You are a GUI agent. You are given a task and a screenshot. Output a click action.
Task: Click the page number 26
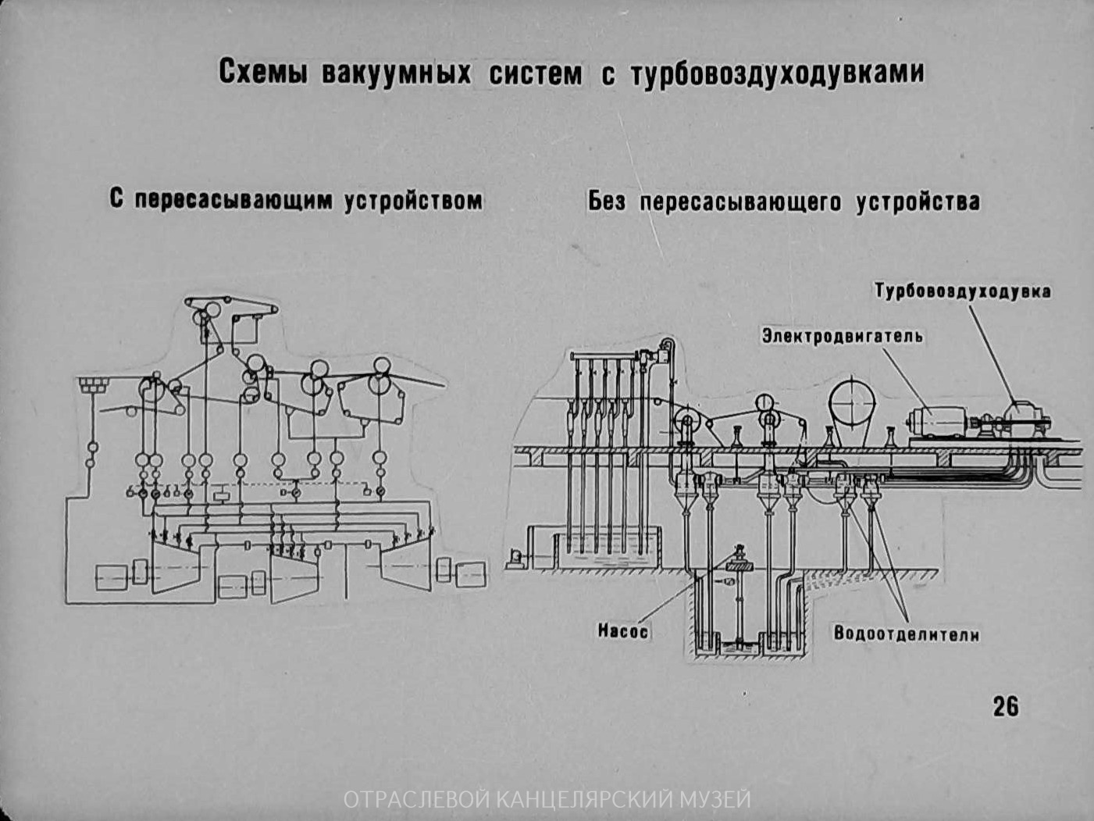click(1006, 706)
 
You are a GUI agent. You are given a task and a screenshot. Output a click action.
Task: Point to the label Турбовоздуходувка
click(962, 291)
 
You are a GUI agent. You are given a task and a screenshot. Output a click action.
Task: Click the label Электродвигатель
click(843, 336)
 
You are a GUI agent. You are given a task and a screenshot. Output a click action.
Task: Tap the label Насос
click(623, 630)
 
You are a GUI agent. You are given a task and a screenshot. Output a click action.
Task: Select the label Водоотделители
click(907, 634)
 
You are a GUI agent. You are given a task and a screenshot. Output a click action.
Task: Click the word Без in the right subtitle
click(608, 202)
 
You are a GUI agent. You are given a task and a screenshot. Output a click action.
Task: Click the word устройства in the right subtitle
click(918, 202)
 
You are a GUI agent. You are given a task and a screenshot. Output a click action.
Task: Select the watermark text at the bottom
click(547, 800)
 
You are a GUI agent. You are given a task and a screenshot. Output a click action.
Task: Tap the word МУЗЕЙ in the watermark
click(715, 800)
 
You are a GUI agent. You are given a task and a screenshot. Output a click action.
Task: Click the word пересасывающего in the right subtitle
click(740, 202)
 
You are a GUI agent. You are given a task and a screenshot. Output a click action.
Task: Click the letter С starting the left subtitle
click(117, 200)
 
